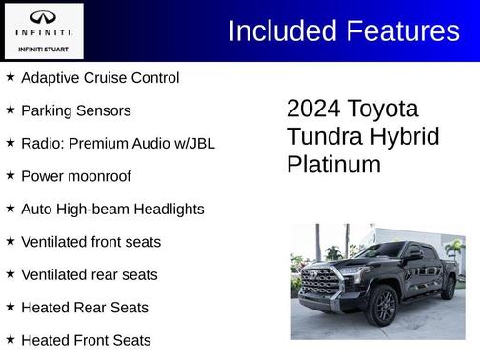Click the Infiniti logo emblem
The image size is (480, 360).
click(x=43, y=18)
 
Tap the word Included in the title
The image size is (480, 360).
click(x=274, y=30)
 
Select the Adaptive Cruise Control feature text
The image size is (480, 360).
click(x=99, y=77)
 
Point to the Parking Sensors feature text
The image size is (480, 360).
click(x=75, y=110)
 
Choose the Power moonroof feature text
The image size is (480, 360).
click(x=75, y=176)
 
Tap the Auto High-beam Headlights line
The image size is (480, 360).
click(x=111, y=209)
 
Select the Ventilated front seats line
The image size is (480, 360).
click(x=90, y=242)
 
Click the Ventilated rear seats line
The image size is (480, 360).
click(x=89, y=274)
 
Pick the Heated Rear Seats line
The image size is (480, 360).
click(x=85, y=308)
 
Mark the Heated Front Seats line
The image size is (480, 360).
click(x=86, y=340)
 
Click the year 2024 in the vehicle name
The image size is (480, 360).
click(x=313, y=108)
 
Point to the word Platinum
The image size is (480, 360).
click(x=333, y=164)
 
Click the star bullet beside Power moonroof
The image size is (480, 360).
click(x=10, y=175)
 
